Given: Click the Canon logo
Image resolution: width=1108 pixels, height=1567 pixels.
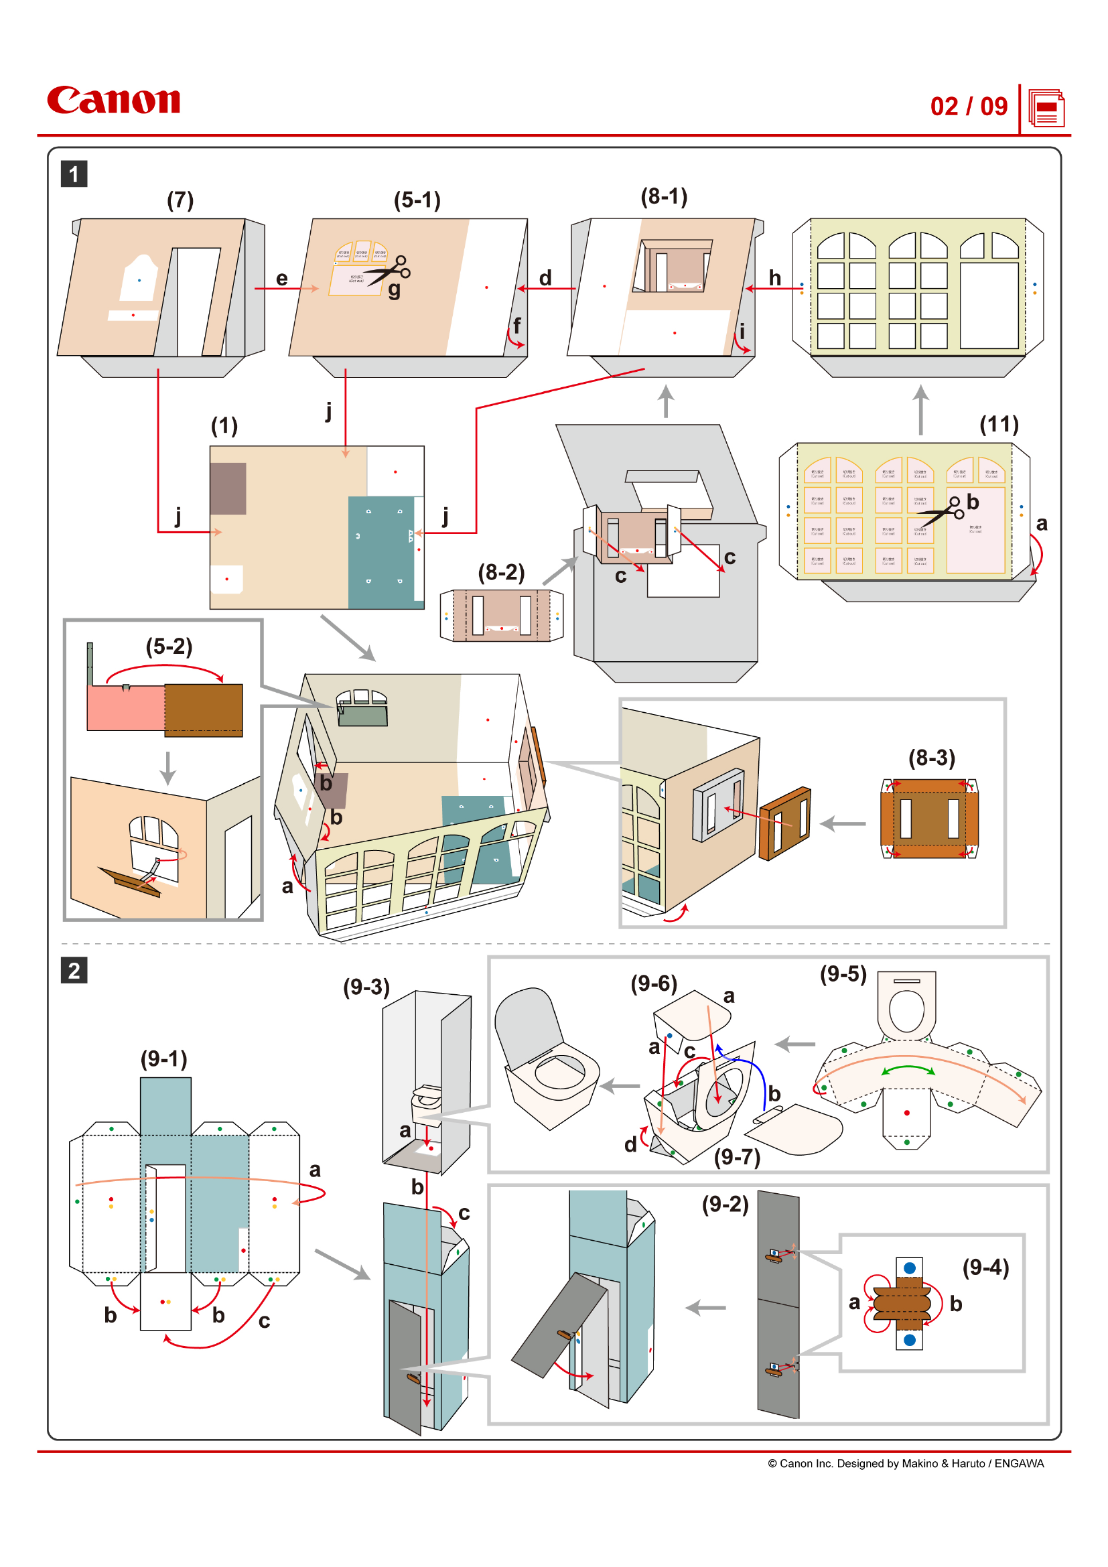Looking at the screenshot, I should (113, 100).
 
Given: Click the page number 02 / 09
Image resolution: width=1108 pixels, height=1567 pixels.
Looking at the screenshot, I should (968, 107).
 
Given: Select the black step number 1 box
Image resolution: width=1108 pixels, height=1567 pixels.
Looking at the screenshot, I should (74, 174).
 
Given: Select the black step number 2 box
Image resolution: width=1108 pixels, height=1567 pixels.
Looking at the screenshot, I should (74, 970).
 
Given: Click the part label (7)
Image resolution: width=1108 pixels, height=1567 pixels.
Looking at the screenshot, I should (180, 200).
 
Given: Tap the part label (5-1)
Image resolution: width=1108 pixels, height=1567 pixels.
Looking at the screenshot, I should (417, 200).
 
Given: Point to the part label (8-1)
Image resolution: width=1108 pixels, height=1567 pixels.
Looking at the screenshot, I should (663, 196).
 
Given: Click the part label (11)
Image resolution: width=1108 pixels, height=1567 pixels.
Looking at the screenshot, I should (998, 425).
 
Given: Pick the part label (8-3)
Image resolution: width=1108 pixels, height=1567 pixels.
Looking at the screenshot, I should (931, 758).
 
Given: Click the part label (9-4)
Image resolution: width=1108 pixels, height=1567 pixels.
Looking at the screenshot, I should (985, 1268).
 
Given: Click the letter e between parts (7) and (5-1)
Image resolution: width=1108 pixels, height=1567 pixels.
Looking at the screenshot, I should (281, 279).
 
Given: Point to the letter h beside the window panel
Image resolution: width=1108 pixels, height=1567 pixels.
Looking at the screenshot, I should (774, 278).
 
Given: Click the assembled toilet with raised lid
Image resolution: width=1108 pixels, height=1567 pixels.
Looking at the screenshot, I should (546, 1058).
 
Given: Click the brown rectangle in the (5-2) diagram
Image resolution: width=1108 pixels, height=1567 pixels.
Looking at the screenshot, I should (204, 709).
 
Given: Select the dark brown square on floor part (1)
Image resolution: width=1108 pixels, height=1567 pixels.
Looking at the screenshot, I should (228, 488).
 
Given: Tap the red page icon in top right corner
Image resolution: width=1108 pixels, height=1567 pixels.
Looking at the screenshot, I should (1046, 109).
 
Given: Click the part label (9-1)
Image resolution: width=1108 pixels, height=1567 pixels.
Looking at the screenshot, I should (163, 1059).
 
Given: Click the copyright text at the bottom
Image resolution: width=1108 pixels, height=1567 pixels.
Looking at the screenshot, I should (906, 1463).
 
